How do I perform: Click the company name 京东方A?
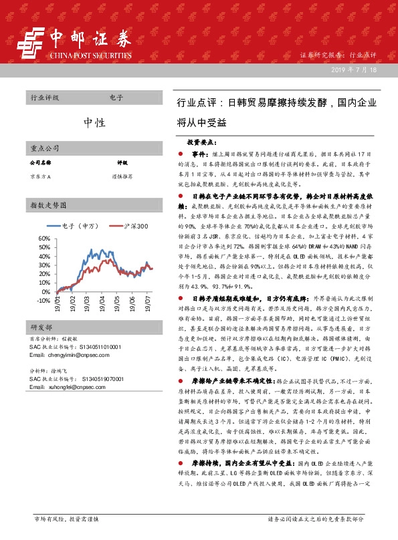[x=41, y=175]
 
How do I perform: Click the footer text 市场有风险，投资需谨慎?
[x=66, y=518]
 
